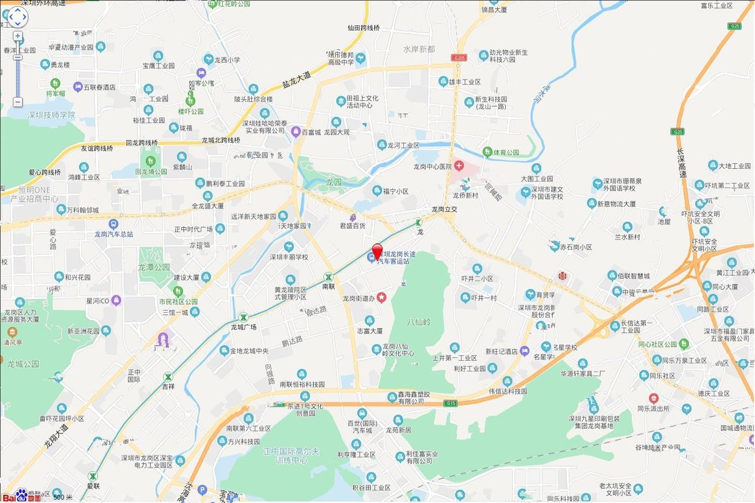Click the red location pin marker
(377, 251)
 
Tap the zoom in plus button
(18, 36)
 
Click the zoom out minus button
(18, 102)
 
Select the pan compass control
(17, 17)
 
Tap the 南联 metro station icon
(328, 277)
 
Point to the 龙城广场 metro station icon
(244, 318)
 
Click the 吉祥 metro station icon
(169, 377)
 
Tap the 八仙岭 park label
(419, 321)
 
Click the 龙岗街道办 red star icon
(381, 298)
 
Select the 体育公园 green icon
(488, 152)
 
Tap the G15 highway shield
(450, 403)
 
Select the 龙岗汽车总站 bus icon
(113, 224)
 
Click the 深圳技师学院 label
(52, 115)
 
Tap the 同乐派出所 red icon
(654, 398)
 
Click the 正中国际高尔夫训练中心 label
(291, 456)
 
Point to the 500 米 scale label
(63, 497)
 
